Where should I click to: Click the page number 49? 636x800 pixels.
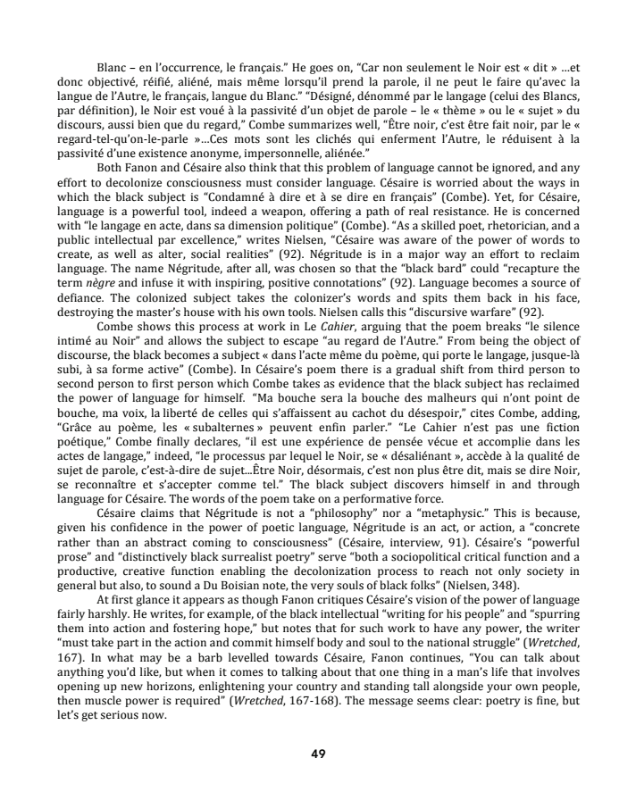pos(317,754)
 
